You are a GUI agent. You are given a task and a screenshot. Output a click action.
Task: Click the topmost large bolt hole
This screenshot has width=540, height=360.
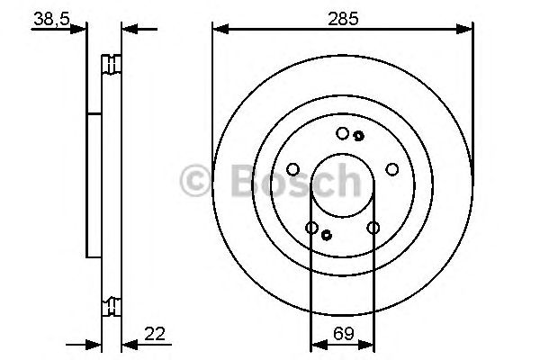(342, 133)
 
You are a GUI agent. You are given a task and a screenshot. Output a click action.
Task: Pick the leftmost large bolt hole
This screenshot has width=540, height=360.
(292, 168)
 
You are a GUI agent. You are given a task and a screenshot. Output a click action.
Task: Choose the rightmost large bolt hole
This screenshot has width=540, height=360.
(391, 168)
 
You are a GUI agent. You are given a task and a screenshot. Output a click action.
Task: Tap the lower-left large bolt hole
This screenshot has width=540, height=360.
(311, 228)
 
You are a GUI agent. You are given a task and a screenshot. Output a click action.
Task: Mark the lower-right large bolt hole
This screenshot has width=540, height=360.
(373, 228)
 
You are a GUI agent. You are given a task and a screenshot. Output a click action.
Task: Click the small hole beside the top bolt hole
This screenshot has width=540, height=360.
(358, 136)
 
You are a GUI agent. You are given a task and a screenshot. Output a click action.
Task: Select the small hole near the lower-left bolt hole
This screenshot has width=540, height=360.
(327, 236)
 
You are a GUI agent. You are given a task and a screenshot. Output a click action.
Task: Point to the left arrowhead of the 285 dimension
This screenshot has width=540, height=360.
(218, 30)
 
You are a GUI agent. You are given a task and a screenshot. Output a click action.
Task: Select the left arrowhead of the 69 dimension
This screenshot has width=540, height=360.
(315, 343)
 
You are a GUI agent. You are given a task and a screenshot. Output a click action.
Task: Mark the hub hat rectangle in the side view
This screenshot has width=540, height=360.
(94, 184)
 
